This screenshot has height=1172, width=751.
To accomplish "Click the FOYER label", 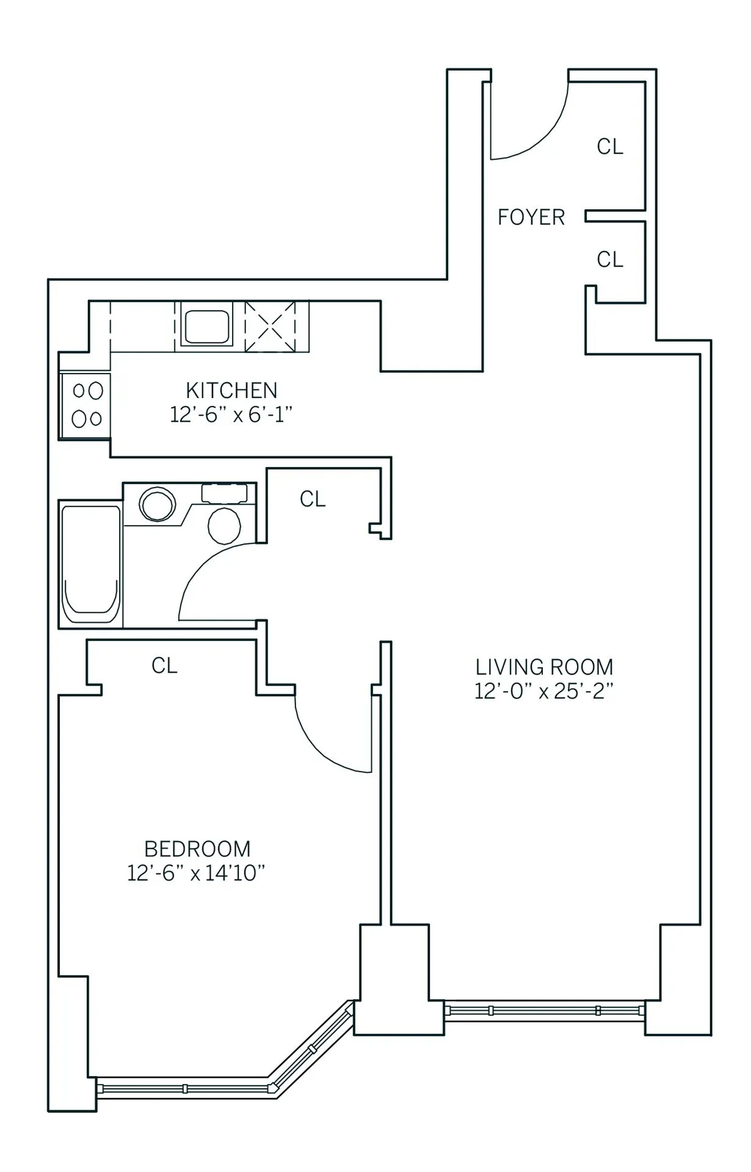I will click(531, 217).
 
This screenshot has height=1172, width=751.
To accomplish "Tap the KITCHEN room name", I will click(231, 390).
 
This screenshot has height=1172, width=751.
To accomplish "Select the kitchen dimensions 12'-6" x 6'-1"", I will click(231, 415).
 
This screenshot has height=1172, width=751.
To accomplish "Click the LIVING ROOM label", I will click(544, 667).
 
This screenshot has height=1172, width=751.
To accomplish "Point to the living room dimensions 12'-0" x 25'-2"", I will click(544, 692).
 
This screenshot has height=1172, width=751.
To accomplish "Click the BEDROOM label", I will click(197, 849).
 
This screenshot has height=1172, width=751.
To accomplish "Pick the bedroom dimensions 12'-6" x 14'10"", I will click(197, 874).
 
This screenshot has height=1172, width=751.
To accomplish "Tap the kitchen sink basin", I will click(208, 327).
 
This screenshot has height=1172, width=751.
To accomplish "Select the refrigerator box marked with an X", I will click(270, 327).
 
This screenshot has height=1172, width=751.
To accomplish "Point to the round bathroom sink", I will click(158, 504).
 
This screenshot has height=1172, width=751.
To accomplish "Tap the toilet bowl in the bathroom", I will click(225, 524).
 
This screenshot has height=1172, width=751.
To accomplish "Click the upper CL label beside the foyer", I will click(610, 147).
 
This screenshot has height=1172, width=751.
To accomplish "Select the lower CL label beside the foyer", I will click(610, 260).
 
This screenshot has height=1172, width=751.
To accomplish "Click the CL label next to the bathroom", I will click(313, 500).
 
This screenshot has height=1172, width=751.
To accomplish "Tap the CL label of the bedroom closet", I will click(164, 666).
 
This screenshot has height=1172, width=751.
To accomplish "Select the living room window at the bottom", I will click(545, 1010).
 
